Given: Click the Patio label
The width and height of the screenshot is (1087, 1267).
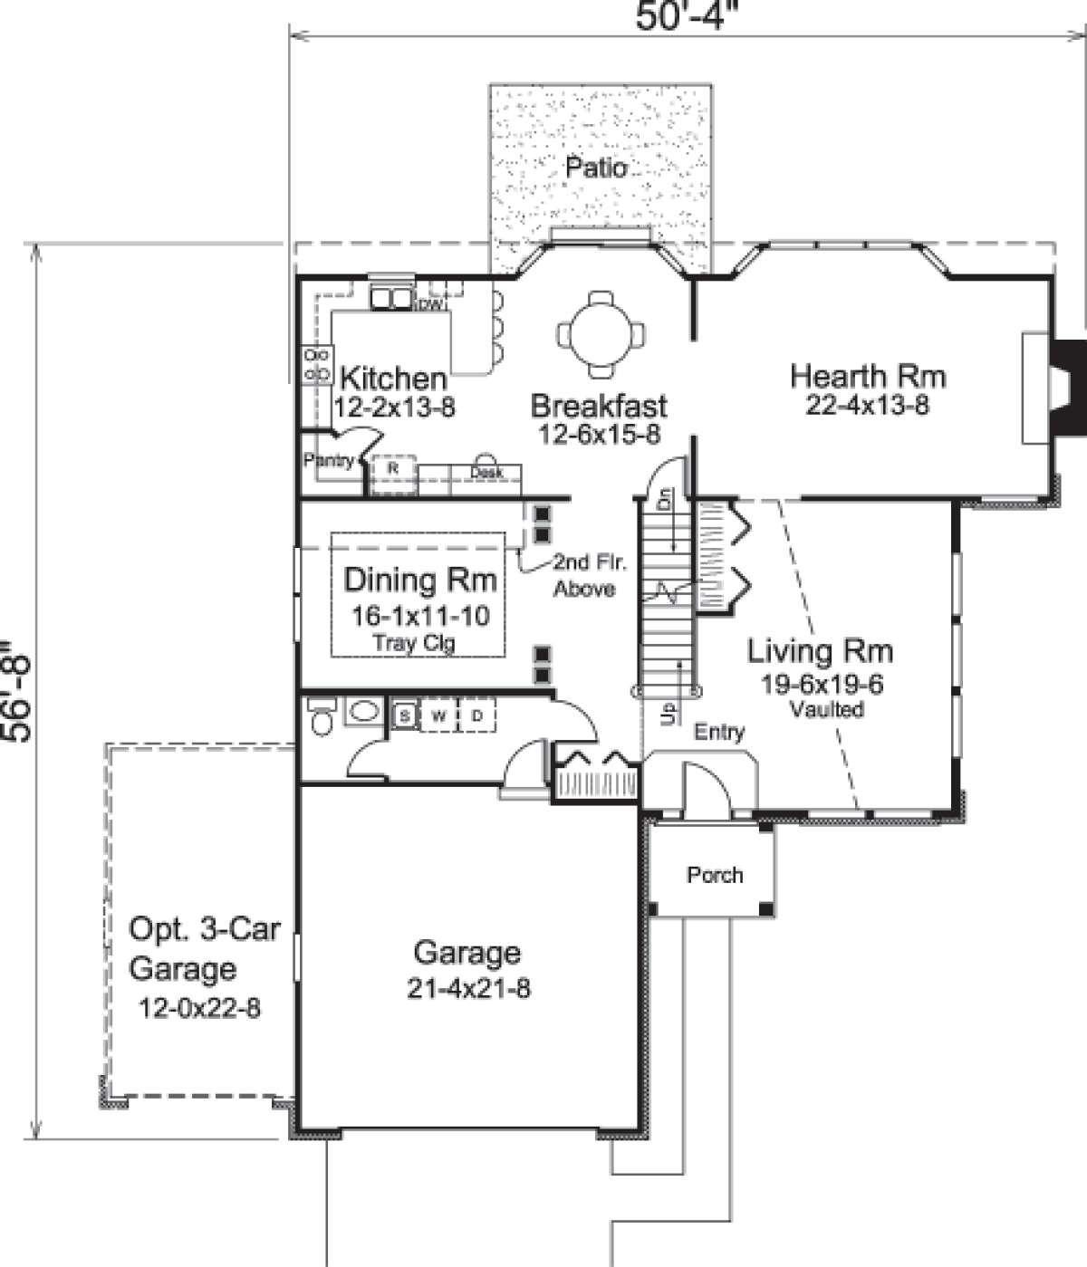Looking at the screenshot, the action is [x=596, y=168].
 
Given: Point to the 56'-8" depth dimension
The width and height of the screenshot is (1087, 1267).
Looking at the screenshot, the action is [x=16, y=692].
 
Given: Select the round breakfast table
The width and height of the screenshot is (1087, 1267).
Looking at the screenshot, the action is [x=601, y=335].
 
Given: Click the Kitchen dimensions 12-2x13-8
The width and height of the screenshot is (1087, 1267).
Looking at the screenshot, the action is [x=395, y=407].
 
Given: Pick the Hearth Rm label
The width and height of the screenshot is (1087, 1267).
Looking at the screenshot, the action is [x=868, y=377].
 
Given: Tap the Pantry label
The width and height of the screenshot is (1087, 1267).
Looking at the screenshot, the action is [x=329, y=459].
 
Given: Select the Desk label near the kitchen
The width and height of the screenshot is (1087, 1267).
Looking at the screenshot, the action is [x=486, y=472].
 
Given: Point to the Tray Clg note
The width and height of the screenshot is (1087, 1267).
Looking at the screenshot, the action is [x=414, y=643].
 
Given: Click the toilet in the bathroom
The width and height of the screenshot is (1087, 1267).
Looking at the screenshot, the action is [x=322, y=715].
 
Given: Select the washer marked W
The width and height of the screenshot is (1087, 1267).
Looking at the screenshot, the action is [x=439, y=715].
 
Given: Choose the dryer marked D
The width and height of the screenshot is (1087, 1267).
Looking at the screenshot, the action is [x=477, y=715].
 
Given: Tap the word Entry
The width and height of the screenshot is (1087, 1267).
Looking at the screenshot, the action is [x=719, y=732].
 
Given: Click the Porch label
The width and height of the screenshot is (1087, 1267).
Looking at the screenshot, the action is [x=715, y=875].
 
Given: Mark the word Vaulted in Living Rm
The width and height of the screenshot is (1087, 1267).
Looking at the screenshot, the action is [x=827, y=709].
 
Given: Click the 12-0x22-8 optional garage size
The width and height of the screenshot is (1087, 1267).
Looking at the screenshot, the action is [x=200, y=1008].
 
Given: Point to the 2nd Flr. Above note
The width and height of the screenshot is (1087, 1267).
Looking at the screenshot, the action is [x=590, y=576].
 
